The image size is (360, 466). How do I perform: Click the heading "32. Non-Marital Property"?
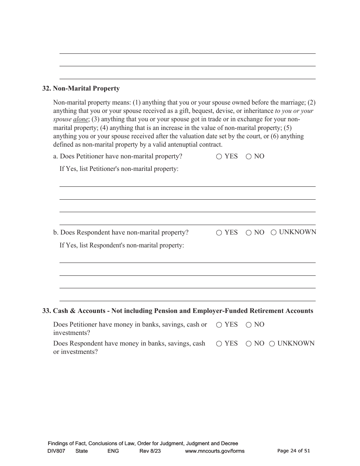pos(81,89)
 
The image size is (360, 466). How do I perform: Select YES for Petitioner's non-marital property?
pos(219,157)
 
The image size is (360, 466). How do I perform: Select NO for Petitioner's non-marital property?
pos(249,157)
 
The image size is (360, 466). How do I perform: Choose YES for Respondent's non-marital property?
pos(219,233)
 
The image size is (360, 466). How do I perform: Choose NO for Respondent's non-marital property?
pos(249,233)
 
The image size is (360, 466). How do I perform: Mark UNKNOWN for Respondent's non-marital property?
pos(274,233)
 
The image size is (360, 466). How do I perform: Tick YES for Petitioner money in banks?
pos(219,325)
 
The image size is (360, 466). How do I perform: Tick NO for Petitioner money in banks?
pos(249,325)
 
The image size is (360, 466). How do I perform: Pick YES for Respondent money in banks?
pos(219,344)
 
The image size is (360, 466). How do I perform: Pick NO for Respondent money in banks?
pos(249,344)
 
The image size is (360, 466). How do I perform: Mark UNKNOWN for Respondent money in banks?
pos(272,344)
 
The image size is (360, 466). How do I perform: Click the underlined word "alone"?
pos(80,119)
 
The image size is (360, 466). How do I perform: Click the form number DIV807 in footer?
pos(57,451)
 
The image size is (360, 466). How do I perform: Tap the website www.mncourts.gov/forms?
pos(214,451)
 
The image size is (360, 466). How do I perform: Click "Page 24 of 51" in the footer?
pos(294,451)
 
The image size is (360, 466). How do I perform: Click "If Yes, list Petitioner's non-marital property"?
pos(119,169)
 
